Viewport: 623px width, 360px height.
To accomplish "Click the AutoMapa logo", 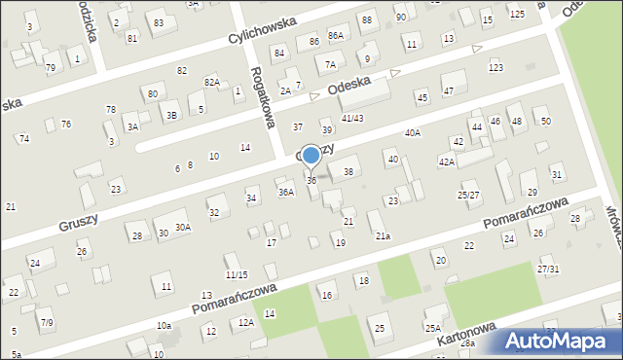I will [x=562, y=341].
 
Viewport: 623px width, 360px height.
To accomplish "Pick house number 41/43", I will [x=351, y=118].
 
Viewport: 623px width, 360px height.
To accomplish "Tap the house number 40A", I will [x=413, y=132].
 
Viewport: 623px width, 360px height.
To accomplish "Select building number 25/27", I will [x=468, y=195].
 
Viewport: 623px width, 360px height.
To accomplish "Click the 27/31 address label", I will [x=548, y=269].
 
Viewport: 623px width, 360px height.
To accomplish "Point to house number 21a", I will [x=384, y=235].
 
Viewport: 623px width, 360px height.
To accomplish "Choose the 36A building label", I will [x=285, y=193].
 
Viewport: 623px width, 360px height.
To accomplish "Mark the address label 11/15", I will [x=237, y=275].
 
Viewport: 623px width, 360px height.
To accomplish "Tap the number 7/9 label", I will [x=46, y=322].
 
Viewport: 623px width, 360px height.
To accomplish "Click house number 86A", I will [x=336, y=35].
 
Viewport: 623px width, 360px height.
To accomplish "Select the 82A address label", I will [x=211, y=82].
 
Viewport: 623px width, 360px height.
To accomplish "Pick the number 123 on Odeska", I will [x=495, y=67].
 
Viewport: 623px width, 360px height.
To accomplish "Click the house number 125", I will [x=516, y=13].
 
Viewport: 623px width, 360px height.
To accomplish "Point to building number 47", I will [x=448, y=90].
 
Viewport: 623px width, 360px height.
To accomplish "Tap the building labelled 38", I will [x=348, y=171].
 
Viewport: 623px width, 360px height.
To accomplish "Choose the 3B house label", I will [x=171, y=116].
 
